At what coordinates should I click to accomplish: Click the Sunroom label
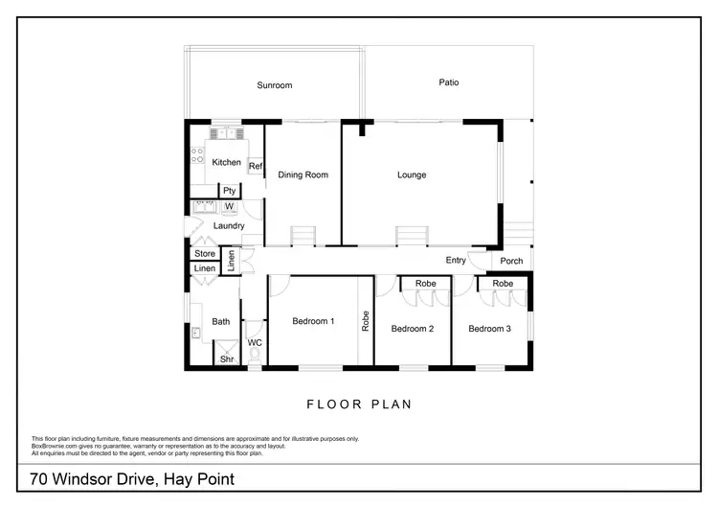274,85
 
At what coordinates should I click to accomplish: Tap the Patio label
449,82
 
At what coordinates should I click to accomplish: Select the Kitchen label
227,162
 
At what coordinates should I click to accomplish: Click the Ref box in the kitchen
256,167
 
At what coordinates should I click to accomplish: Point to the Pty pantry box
230,191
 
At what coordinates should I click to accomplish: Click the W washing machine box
230,206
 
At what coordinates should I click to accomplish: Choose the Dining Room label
303,174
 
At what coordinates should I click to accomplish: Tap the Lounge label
412,174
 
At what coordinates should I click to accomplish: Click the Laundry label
229,226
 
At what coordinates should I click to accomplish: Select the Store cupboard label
205,254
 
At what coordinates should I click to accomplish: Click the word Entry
456,261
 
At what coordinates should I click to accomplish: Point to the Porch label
511,261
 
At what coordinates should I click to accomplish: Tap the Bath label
221,322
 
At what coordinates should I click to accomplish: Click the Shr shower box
227,359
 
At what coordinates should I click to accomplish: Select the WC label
255,342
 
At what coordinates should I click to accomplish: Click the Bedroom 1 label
312,322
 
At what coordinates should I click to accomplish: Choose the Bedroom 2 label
413,329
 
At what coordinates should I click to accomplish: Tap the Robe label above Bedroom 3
503,284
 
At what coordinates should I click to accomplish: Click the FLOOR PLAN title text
359,404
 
